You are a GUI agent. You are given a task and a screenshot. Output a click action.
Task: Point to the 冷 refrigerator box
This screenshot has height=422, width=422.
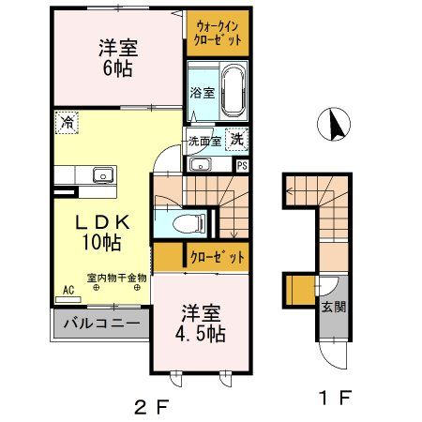[x=68, y=122]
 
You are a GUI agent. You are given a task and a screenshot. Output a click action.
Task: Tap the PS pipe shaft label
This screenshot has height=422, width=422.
[x=242, y=165]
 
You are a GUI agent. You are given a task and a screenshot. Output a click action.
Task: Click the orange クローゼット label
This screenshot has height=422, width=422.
[x=216, y=256]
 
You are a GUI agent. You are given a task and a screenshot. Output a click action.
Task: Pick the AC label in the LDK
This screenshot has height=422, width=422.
[x=68, y=292]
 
